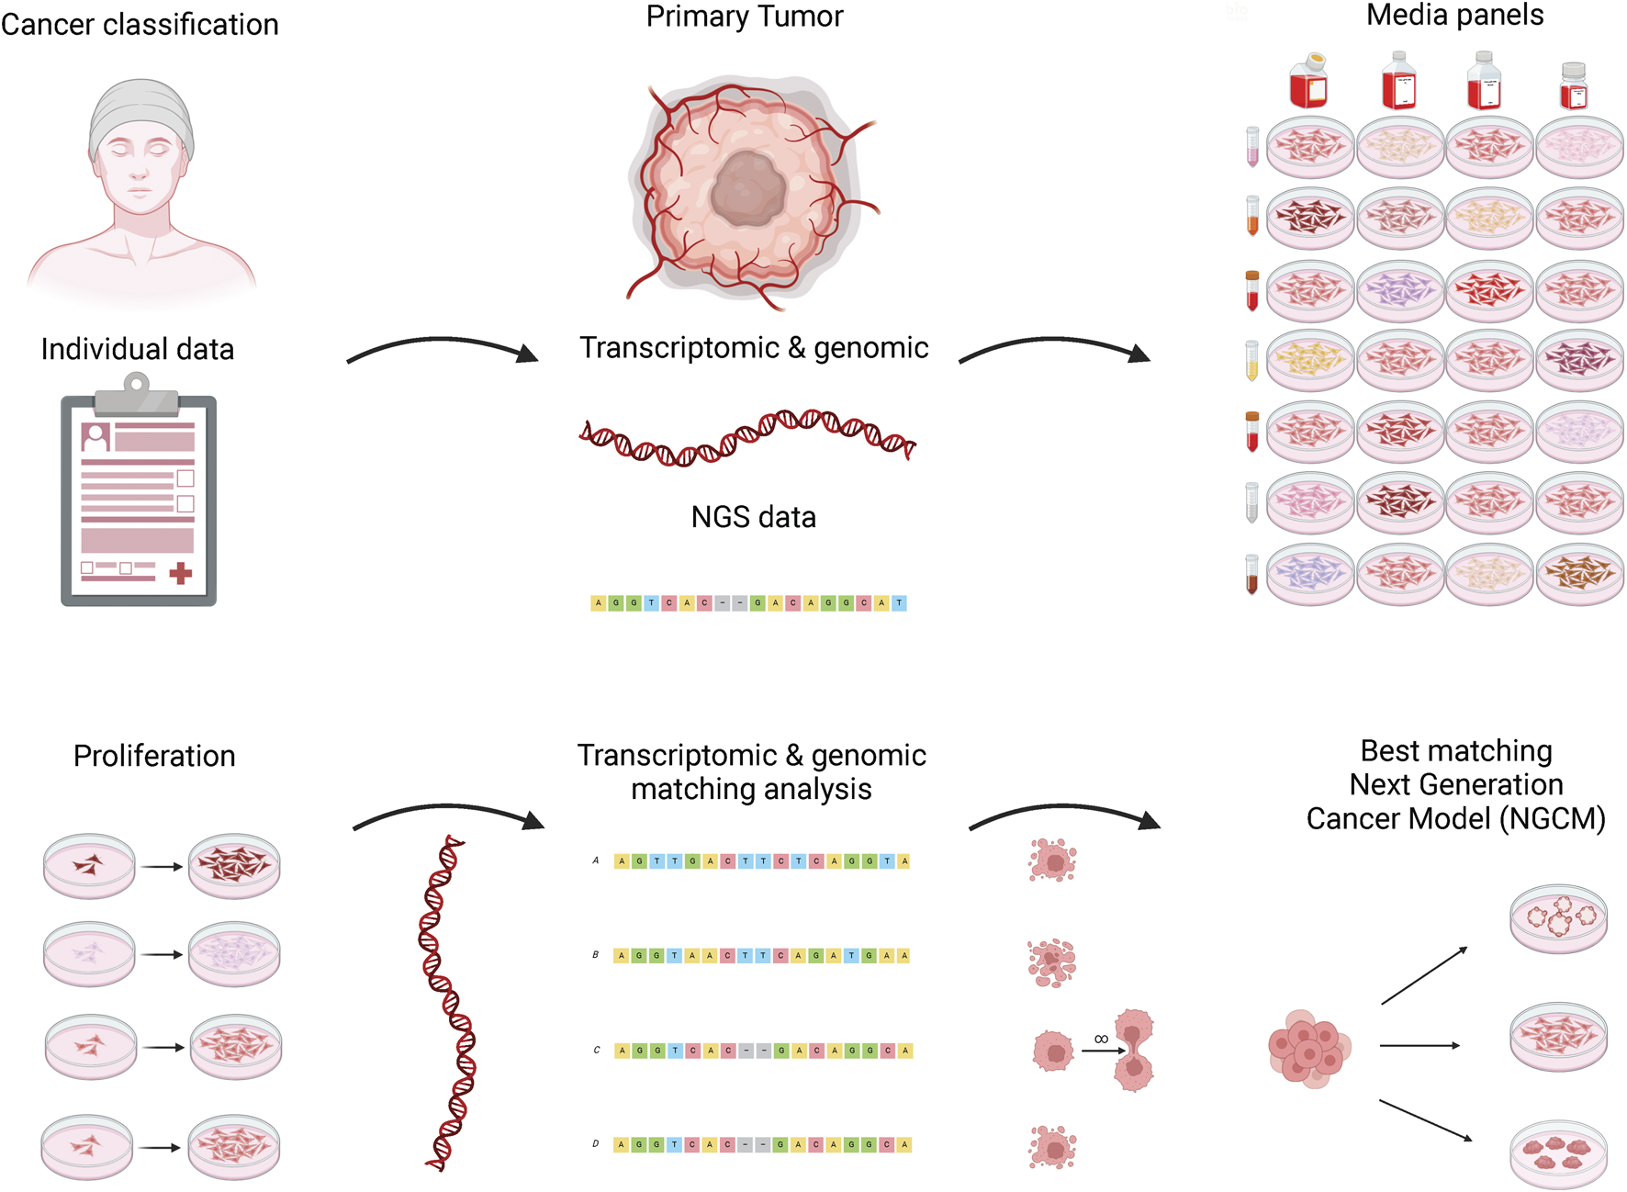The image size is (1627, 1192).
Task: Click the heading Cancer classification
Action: pyautogui.click(x=140, y=25)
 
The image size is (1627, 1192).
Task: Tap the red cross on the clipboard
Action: pyautogui.click(x=181, y=574)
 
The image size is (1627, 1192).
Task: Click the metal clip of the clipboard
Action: pyautogui.click(x=137, y=394)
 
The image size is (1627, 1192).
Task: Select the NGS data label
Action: pyautogui.click(x=753, y=518)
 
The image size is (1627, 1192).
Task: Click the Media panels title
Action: pyautogui.click(x=1454, y=16)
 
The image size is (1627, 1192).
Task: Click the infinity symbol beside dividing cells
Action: pyautogui.click(x=1101, y=1039)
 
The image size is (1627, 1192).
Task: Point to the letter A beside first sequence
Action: pyautogui.click(x=596, y=860)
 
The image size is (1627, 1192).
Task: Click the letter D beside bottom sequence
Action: pyautogui.click(x=596, y=1144)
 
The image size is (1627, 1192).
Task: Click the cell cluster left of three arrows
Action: pyautogui.click(x=1307, y=1049)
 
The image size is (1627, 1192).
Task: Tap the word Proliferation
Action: pyautogui.click(x=154, y=757)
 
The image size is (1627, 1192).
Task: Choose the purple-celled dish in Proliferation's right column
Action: pyautogui.click(x=234, y=954)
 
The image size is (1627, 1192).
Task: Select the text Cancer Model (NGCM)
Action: pyautogui.click(x=1455, y=818)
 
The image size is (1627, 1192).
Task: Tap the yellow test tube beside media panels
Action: pyautogui.click(x=1251, y=360)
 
